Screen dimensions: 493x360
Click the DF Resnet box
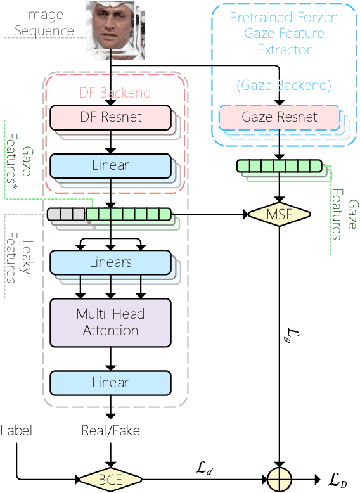[x=110, y=117]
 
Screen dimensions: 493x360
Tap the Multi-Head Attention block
[x=110, y=323]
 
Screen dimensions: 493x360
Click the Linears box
[x=110, y=262]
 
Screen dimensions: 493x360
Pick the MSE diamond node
[x=280, y=215]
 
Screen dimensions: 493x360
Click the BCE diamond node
[x=110, y=480]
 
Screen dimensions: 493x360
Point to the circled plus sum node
[x=280, y=480]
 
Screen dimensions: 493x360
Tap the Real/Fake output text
[x=110, y=431]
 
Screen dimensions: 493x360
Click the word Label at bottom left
[x=16, y=431]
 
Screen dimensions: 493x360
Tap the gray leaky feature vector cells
[x=68, y=215]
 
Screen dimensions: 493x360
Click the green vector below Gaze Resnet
[x=280, y=166]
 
